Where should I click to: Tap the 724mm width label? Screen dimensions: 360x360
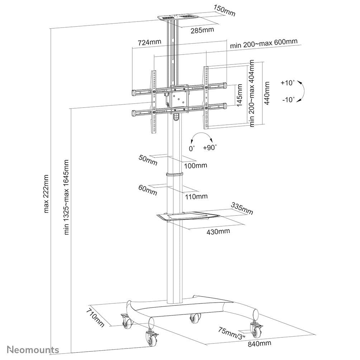click(x=149, y=42)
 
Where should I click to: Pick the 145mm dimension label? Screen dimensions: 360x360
click(x=240, y=95)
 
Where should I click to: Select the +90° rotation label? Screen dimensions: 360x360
click(x=210, y=147)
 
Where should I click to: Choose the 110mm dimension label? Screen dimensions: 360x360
click(x=196, y=196)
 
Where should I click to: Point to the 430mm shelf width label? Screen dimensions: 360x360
click(x=218, y=231)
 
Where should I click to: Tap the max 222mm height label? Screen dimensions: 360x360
click(x=46, y=194)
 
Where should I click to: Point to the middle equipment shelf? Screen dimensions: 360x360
click(x=188, y=216)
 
